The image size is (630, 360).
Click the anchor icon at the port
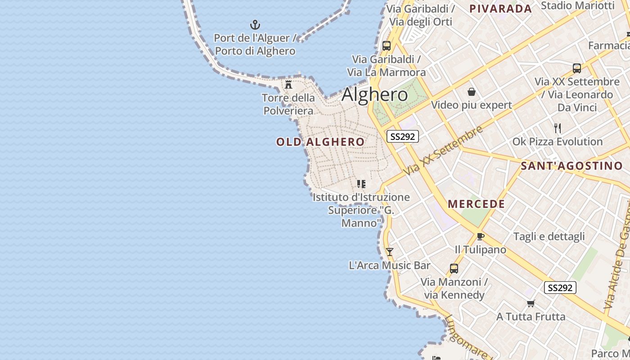click(x=255, y=25)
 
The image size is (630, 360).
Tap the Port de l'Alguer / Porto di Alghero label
click(x=255, y=45)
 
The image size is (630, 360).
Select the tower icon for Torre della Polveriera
click(x=288, y=84)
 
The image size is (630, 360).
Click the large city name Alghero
click(x=375, y=95)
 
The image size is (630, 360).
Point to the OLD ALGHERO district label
click(x=320, y=142)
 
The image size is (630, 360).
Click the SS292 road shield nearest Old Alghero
click(x=402, y=136)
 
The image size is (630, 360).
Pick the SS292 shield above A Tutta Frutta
click(x=560, y=288)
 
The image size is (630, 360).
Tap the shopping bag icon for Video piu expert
click(x=472, y=92)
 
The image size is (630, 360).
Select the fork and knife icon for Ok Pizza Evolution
click(x=558, y=128)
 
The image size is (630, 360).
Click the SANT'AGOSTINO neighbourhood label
click(x=571, y=166)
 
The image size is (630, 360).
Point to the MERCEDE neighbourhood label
click(x=477, y=204)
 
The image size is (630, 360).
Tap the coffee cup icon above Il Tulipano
click(x=480, y=236)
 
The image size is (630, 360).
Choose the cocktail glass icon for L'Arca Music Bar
click(x=390, y=252)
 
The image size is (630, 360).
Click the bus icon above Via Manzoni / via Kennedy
click(x=454, y=269)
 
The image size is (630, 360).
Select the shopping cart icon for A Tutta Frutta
click(x=531, y=303)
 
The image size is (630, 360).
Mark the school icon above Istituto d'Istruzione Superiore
click(x=361, y=184)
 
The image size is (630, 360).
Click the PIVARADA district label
click(x=500, y=9)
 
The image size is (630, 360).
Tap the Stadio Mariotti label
click(x=577, y=5)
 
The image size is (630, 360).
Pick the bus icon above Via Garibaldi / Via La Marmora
click(x=387, y=46)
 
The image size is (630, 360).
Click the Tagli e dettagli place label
click(x=549, y=237)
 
